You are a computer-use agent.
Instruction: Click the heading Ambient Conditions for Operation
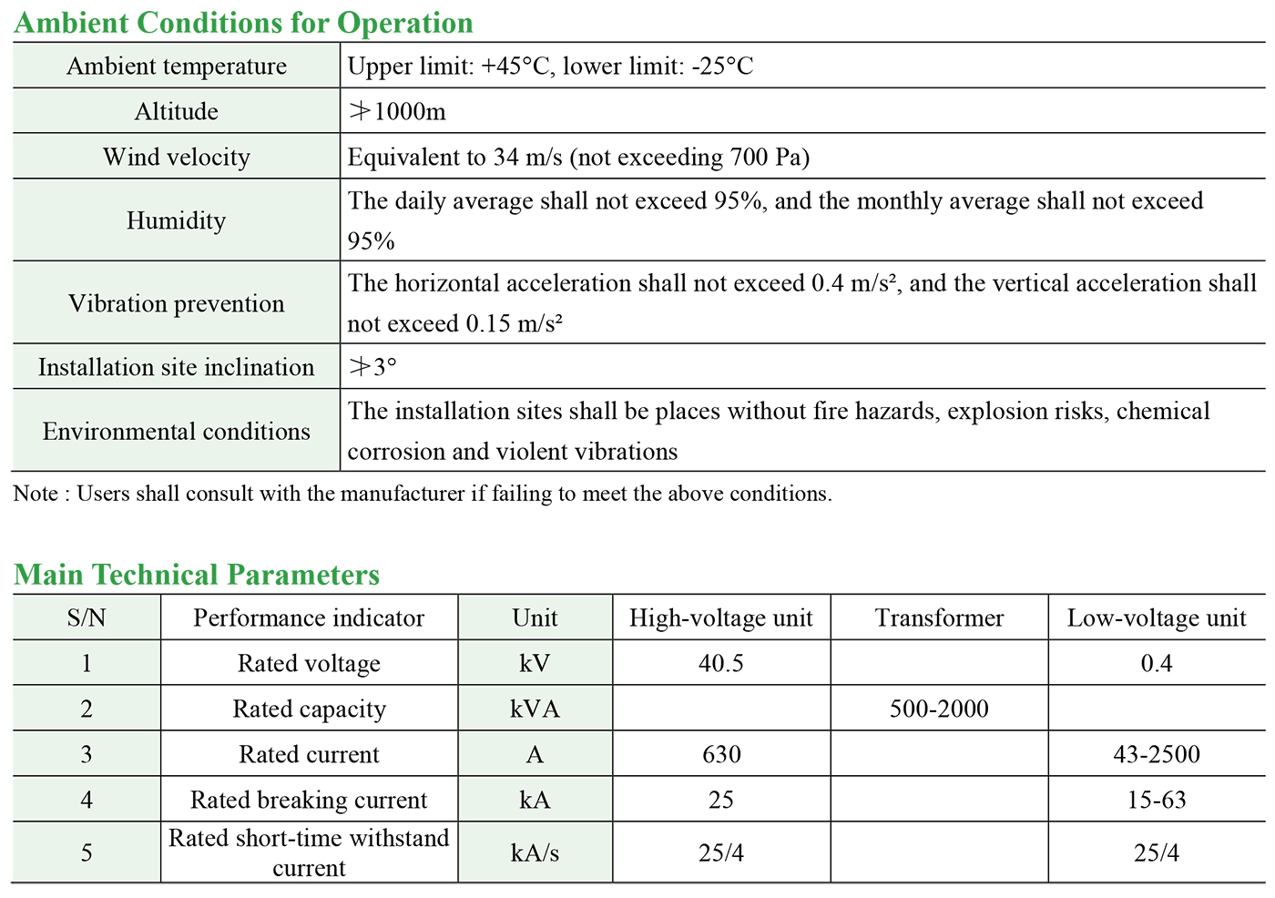point(243,23)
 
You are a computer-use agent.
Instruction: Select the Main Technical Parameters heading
point(197,575)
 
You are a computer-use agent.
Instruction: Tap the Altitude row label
point(177,111)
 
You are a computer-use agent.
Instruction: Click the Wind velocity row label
point(177,157)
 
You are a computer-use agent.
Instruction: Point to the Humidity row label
point(177,220)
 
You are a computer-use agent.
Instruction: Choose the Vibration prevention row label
point(177,303)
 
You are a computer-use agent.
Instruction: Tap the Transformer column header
point(939,618)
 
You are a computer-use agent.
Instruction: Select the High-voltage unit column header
point(720,618)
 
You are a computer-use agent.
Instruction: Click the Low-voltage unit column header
point(1156,618)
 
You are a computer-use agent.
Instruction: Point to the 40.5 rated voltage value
point(720,663)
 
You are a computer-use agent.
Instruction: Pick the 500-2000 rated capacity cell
point(939,709)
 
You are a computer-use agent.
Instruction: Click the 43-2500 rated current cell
point(1156,754)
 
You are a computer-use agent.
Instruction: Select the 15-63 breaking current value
point(1156,800)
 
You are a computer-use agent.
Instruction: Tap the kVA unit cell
point(535,709)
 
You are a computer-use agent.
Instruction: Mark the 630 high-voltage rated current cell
point(720,754)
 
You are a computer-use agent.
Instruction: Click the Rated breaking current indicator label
point(309,800)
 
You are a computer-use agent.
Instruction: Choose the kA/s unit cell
point(535,852)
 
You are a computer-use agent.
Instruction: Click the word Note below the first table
point(36,494)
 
